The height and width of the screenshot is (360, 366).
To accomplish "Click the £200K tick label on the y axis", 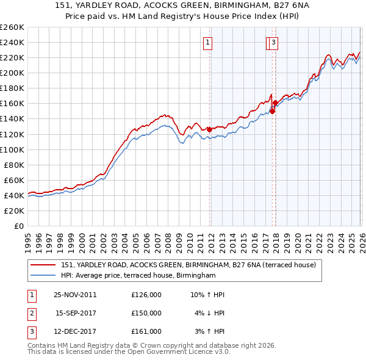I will point(12,73).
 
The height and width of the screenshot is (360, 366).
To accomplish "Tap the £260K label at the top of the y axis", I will point(12,27).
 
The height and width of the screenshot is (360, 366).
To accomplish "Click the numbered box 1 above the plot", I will point(208,43).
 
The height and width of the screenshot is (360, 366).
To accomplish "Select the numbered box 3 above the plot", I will point(273,43).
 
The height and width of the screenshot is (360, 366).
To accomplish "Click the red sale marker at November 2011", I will point(209,129).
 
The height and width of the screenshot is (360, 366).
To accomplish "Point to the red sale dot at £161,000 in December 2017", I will point(275,103).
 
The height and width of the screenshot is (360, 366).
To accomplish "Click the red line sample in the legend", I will point(43,265).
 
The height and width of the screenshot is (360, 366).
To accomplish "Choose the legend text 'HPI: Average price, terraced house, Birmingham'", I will point(138,276).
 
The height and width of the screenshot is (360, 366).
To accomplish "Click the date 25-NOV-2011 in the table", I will point(75,295).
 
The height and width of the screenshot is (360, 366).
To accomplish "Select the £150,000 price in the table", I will point(146,313).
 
